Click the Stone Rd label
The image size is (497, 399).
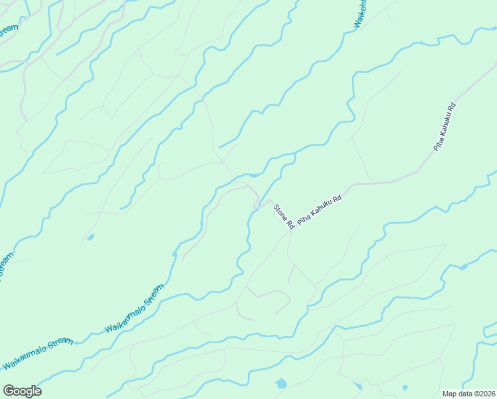click(284, 217)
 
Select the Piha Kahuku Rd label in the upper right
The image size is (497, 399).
click(445, 126)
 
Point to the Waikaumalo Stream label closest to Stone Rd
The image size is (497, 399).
click(134, 310)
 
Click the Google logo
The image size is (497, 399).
click(22, 391)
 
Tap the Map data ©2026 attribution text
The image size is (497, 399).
click(468, 394)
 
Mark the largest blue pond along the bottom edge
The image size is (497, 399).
click(281, 384)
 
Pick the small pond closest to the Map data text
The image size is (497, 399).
click(405, 388)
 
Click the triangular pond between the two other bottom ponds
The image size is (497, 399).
click(358, 386)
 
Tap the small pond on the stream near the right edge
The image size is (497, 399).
click(463, 267)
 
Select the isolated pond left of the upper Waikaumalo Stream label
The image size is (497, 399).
click(90, 237)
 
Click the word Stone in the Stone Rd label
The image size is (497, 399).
click(280, 212)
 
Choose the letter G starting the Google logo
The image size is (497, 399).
click(8, 391)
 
